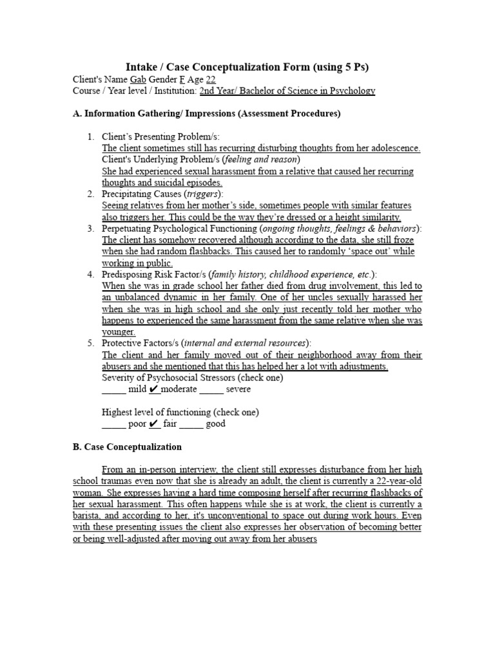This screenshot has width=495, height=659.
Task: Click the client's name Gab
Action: tap(138, 79)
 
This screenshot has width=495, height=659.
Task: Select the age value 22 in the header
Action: tap(211, 79)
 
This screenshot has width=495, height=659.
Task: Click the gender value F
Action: tap(182, 79)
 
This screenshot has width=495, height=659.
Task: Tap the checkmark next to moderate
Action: tap(154, 389)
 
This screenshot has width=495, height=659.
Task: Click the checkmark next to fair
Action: tap(154, 423)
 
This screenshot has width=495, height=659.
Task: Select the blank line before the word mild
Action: tap(114, 390)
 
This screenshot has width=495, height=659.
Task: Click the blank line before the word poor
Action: tap(114, 425)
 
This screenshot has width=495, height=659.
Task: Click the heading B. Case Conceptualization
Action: tap(127, 447)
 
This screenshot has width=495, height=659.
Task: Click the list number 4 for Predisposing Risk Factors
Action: tap(91, 274)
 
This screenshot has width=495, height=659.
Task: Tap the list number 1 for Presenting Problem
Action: tap(91, 136)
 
